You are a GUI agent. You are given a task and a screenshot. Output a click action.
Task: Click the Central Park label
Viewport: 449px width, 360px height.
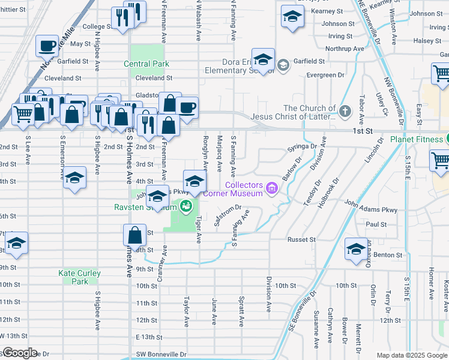tap(146, 64)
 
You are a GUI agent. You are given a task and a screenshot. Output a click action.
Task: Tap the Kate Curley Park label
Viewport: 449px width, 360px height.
tap(79, 277)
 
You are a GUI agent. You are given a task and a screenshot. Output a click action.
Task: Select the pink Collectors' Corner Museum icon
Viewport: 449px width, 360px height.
tap(272, 190)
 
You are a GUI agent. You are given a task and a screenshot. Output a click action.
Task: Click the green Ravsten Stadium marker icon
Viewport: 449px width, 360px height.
tap(187, 207)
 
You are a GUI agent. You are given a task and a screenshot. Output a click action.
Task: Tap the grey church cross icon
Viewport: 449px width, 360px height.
tap(345, 111)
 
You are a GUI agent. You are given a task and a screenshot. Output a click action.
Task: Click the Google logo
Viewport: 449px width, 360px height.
tap(19, 353)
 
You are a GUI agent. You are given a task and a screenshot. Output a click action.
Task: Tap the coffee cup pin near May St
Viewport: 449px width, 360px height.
tap(47, 46)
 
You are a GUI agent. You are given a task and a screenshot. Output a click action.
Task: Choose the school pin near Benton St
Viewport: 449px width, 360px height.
tap(356, 249)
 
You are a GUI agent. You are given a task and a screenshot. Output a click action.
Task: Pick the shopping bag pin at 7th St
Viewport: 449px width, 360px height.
tap(135, 235)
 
